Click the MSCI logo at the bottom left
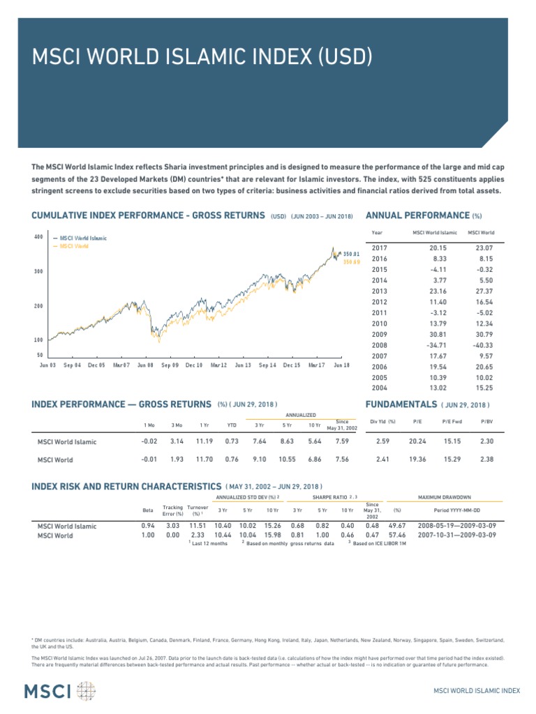[x=59, y=691]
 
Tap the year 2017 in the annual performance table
[x=380, y=248]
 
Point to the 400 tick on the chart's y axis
[x=39, y=237]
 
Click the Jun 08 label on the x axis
[x=146, y=365]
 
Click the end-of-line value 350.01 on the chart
[x=350, y=254]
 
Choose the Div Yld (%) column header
[x=382, y=421]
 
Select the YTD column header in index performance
[x=232, y=424]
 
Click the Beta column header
[x=147, y=510]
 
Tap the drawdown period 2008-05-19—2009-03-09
[x=457, y=526]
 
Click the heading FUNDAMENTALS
[x=401, y=404]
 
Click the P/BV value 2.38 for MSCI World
[x=486, y=459]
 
